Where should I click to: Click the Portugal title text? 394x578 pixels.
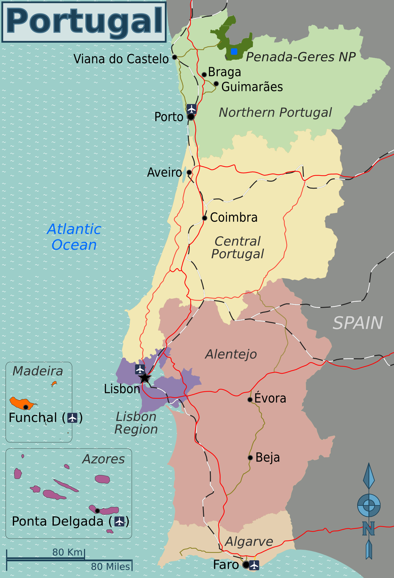tap(84, 21)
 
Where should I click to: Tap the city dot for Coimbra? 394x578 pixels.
tap(205, 218)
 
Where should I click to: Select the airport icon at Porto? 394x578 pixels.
tap(191, 109)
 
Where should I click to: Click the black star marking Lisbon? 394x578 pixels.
tap(144, 378)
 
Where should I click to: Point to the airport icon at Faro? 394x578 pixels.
tap(254, 565)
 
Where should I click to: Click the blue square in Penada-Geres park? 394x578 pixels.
tap(234, 52)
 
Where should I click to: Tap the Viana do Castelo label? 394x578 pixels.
tap(121, 59)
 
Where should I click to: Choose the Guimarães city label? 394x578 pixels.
tap(252, 87)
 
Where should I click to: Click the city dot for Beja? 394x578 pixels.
tap(250, 458)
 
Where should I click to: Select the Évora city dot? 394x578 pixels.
tap(250, 399)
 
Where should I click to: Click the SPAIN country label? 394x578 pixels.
tap(358, 323)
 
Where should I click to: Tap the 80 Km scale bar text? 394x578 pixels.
tap(67, 552)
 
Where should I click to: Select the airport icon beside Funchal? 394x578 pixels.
tap(72, 418)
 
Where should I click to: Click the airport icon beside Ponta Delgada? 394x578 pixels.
tap(119, 521)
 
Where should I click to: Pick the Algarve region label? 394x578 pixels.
tap(249, 542)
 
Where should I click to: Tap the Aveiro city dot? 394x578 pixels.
tap(189, 172)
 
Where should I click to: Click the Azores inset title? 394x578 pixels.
tap(103, 459)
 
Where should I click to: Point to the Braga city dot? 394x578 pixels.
tap(204, 74)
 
